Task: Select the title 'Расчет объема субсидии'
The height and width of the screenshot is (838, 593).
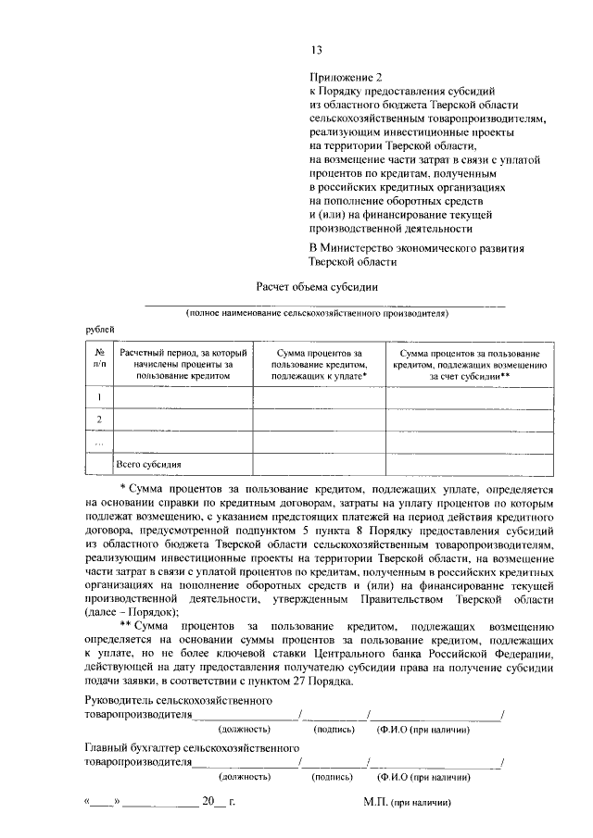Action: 317,287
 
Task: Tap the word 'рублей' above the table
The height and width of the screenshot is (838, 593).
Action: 101,329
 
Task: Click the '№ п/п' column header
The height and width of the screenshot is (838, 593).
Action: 98,360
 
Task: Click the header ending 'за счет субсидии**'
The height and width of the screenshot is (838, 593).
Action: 470,367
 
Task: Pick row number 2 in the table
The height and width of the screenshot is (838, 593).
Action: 98,419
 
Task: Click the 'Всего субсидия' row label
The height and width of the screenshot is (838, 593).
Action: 148,464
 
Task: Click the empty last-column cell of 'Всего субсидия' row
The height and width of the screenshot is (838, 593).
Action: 470,463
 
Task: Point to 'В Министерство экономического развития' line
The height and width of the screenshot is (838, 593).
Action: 417,248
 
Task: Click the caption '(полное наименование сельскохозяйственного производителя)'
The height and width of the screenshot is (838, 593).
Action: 317,314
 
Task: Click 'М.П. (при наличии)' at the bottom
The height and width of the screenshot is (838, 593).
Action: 416,803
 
